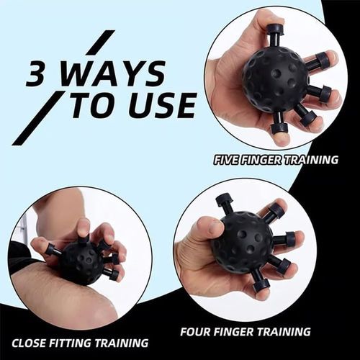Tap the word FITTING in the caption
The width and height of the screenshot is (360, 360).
pyautogui.click(x=77, y=343)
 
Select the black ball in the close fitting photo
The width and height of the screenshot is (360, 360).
pyautogui.click(x=81, y=261)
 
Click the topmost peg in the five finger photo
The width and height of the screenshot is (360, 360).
pyautogui.click(x=275, y=33)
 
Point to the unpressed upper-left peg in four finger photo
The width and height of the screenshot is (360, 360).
pyautogui.click(x=224, y=201)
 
